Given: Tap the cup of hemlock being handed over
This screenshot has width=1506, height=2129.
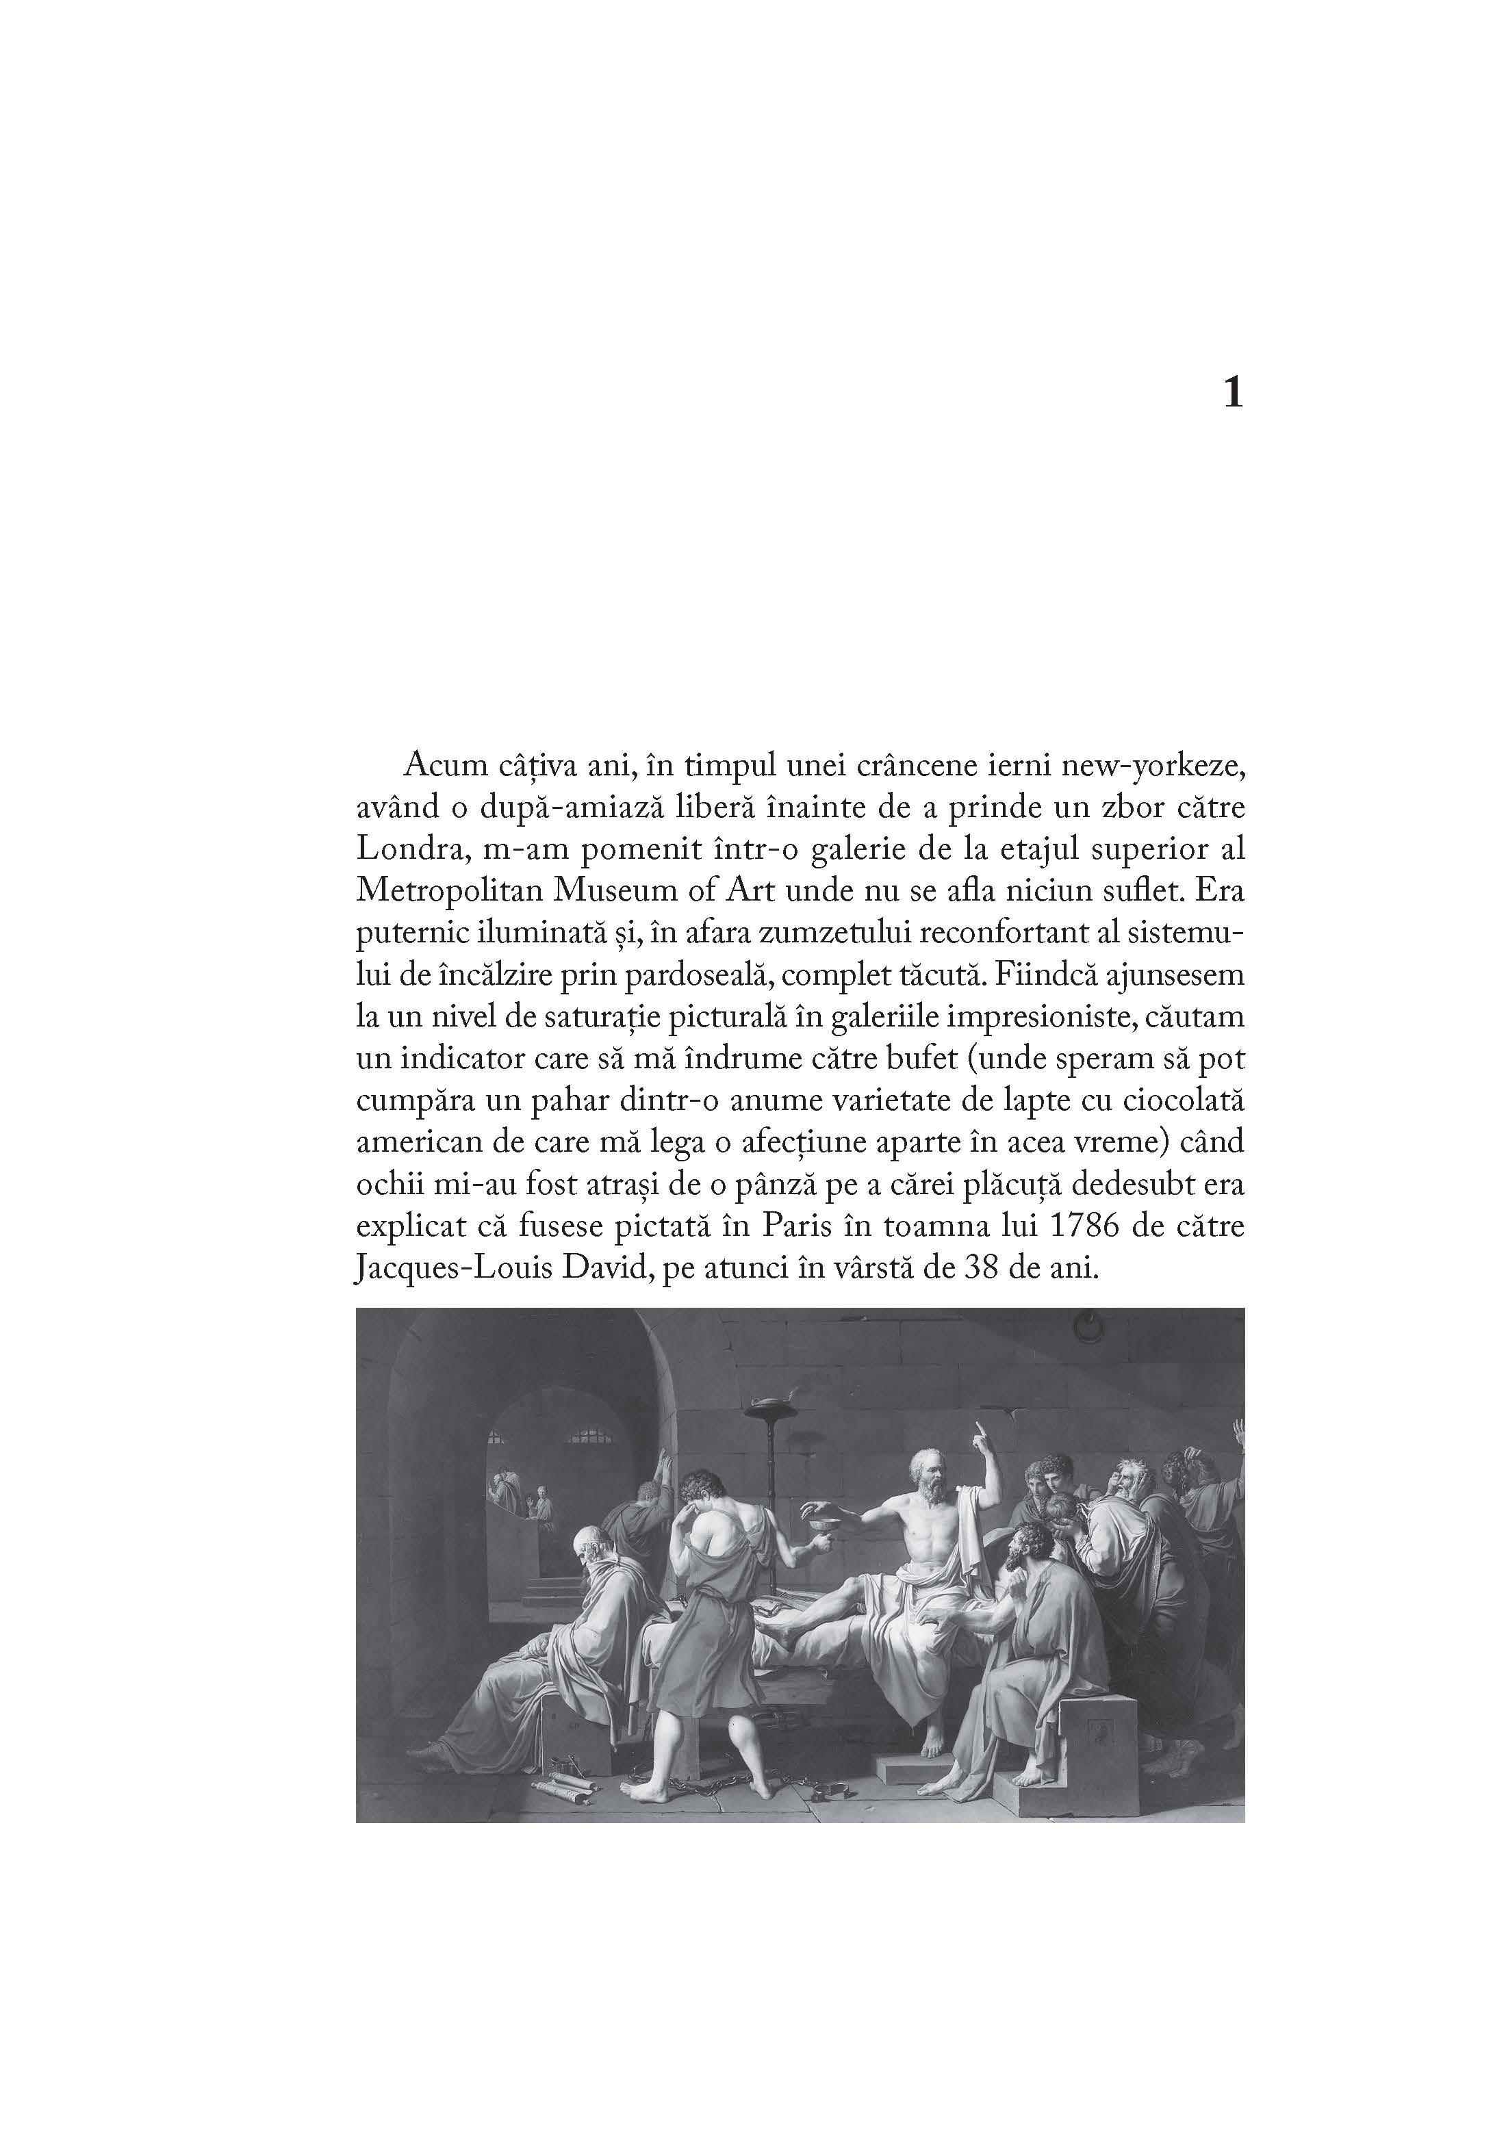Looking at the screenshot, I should click(819, 1520).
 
